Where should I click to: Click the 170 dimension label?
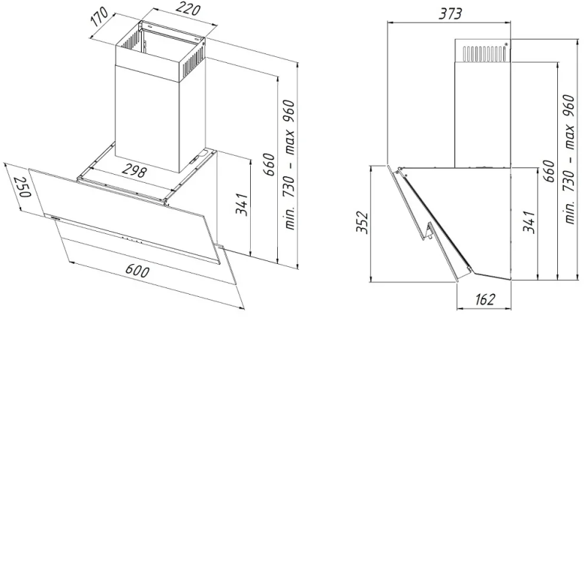[x=100, y=17]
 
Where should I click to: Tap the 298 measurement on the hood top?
[x=134, y=171]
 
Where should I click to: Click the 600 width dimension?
[x=137, y=271]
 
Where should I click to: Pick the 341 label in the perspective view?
[x=242, y=204]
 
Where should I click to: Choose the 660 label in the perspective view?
[x=269, y=164]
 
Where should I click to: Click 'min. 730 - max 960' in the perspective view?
[x=290, y=165]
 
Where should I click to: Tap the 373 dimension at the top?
[x=450, y=13]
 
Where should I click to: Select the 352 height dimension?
[x=362, y=222]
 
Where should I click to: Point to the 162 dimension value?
[x=485, y=299]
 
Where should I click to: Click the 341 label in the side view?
[x=529, y=222]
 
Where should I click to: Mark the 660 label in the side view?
[x=549, y=171]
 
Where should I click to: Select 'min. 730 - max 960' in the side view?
[x=570, y=159]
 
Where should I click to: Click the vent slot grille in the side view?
[x=484, y=53]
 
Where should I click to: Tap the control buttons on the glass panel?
[x=132, y=241]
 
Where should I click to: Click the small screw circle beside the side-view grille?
[x=506, y=45]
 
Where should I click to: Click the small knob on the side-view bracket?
[x=430, y=235]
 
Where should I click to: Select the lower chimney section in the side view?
[x=483, y=114]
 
